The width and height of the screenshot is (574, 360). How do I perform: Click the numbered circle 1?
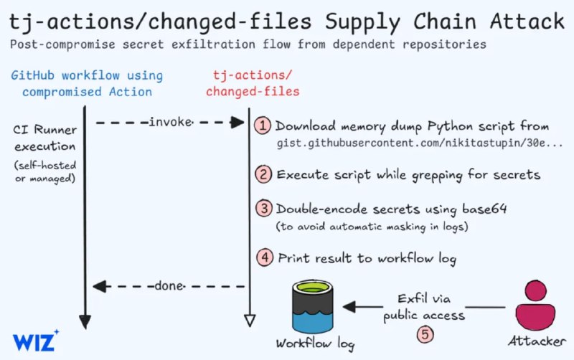263,125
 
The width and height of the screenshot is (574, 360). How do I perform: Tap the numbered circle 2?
263,174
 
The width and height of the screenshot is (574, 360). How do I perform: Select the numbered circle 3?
263,209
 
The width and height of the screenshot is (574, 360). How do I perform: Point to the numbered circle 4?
263,257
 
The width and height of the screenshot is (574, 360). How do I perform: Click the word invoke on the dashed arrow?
170,123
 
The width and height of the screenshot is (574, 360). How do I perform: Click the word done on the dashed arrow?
169,286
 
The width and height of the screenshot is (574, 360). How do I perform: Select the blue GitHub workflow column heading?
87,83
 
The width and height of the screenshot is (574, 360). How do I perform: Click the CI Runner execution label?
44,138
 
